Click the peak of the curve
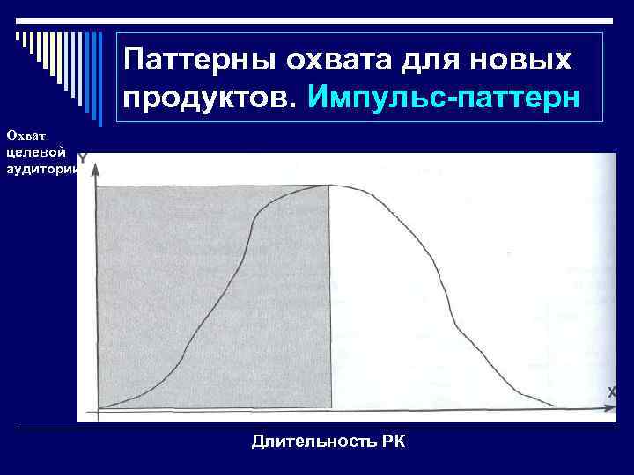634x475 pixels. (x=331, y=185)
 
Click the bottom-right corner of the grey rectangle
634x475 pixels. (x=330, y=407)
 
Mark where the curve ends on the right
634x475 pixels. (x=553, y=406)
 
